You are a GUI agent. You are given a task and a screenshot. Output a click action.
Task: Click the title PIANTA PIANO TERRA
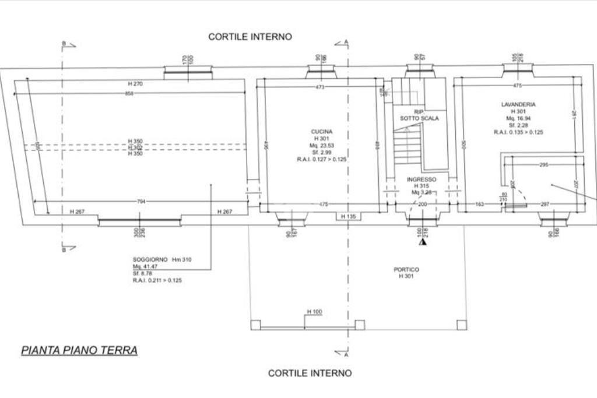coord(79,350)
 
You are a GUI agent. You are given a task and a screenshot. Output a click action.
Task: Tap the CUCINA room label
coord(321,132)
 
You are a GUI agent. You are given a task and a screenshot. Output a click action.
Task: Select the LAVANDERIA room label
coord(518,104)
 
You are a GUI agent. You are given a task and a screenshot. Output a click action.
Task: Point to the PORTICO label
coord(406,270)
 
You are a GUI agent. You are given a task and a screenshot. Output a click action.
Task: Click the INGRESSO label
coord(421,179)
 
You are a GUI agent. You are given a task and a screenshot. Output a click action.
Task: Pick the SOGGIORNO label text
coord(150,259)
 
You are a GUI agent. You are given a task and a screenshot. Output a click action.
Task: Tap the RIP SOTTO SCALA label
coord(419,115)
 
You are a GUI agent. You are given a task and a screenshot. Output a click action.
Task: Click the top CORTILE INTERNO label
coord(250,37)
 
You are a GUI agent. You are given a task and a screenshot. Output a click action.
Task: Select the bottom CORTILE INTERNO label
coord(310,373)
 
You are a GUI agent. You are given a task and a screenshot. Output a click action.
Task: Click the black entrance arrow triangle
coord(422,241)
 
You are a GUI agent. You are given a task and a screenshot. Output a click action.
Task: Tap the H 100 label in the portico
coord(314,312)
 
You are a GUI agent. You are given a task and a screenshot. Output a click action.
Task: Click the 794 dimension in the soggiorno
coord(141,202)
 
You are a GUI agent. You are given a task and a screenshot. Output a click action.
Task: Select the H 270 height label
coord(135,84)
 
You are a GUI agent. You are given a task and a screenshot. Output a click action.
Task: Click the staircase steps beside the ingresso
coord(407,146)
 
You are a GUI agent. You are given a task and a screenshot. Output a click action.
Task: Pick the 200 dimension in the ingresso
coord(422,205)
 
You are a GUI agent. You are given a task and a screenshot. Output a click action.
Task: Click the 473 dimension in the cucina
coord(319,87)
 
